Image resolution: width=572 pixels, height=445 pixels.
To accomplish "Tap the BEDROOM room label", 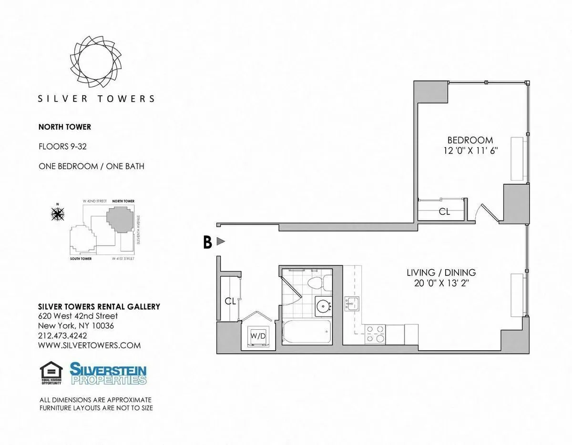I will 470,140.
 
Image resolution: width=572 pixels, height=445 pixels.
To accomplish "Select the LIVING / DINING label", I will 441,273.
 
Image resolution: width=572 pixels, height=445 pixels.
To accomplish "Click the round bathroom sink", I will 323,304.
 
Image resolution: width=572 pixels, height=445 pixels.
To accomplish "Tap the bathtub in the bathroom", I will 306,332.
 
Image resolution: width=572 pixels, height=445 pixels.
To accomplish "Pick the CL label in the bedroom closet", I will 444,212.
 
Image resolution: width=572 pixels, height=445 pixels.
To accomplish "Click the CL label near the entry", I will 230,301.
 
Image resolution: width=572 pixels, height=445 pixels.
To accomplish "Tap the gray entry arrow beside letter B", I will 220,242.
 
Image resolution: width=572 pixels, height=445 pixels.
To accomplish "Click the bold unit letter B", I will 207,242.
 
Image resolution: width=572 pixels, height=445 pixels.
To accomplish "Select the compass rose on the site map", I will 58,214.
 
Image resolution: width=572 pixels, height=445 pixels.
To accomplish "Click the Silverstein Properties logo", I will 108,373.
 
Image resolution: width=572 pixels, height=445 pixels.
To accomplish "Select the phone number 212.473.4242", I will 62,335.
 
